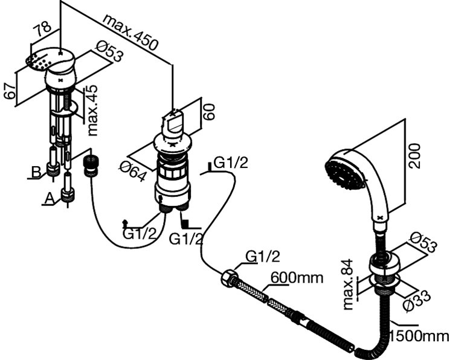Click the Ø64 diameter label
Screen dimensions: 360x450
[135, 169]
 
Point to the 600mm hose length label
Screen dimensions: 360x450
[296, 278]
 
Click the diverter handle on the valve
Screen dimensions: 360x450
[175, 122]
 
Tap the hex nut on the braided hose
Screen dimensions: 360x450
[230, 278]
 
